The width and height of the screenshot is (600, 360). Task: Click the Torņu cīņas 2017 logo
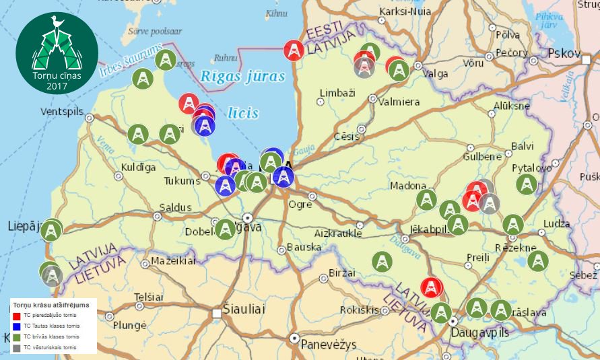point(57,52)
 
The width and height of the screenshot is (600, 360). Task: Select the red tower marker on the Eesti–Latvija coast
point(293,50)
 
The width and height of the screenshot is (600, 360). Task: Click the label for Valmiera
point(399,102)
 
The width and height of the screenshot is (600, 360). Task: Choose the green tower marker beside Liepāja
point(51,231)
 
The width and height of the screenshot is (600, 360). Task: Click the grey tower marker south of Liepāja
point(53,276)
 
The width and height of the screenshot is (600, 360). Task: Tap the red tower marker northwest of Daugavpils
point(432,287)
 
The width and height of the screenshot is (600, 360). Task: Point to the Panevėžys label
point(327,344)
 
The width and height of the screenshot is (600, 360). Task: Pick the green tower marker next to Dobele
point(225,229)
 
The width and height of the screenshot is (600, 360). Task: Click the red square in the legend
point(17,316)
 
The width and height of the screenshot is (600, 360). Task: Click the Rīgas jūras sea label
point(243,77)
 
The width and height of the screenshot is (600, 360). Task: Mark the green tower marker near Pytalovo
point(527,184)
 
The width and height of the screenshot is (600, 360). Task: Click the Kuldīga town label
point(138,167)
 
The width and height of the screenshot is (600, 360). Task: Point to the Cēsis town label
point(347,136)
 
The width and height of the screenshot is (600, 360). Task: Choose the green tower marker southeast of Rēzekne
point(537,261)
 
